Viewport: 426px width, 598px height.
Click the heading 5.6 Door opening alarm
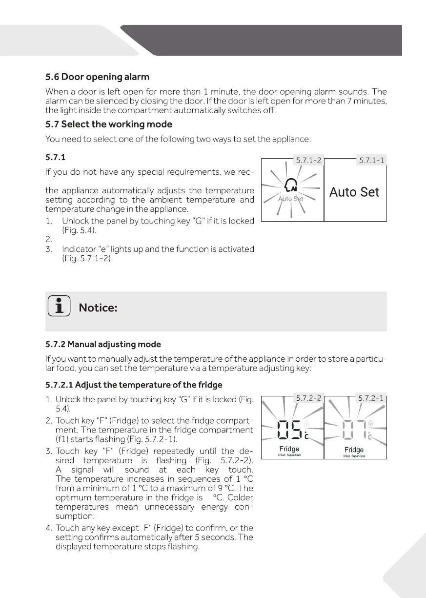coord(97,77)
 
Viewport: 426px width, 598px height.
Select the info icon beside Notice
coord(59,308)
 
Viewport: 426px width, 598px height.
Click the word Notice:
coord(98,308)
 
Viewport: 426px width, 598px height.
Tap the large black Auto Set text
coord(354,192)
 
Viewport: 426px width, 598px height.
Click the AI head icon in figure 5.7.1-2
coord(291,186)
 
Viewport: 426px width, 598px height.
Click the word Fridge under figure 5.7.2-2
coord(289,449)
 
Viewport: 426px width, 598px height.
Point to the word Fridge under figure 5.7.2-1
coord(354,450)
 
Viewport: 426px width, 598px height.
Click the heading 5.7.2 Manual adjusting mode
coord(103,345)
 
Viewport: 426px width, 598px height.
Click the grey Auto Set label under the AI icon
coord(291,199)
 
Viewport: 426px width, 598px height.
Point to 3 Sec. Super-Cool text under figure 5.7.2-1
coord(354,456)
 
